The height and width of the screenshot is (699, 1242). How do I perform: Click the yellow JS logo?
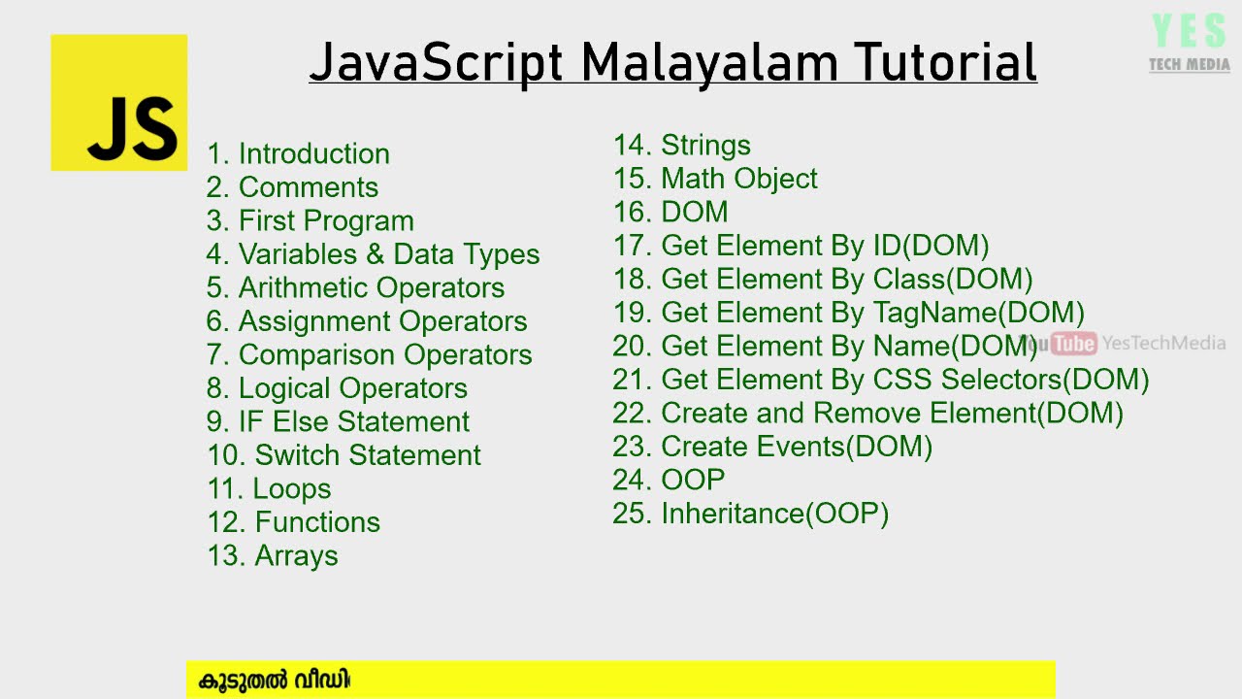coord(118,103)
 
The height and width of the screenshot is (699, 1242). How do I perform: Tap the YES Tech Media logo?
coord(1189,44)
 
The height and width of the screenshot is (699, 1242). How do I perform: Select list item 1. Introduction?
coord(298,153)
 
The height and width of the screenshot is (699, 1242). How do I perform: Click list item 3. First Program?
coord(310,220)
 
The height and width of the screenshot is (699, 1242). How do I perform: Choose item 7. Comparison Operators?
coord(369,354)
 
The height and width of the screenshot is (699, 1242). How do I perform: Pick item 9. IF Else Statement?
coord(338,421)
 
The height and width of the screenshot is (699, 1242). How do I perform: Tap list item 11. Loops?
coord(269,488)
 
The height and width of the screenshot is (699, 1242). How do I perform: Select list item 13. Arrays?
coord(272,555)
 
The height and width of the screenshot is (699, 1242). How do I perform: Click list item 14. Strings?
coord(681,145)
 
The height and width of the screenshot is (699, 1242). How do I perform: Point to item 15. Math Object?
coord(715,179)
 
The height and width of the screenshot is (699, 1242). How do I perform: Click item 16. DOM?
coord(670,212)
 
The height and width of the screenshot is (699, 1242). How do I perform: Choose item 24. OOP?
coord(669,480)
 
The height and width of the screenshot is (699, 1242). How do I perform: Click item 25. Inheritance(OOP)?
coord(750,514)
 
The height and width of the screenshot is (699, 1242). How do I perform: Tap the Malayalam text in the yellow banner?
coord(274,680)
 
